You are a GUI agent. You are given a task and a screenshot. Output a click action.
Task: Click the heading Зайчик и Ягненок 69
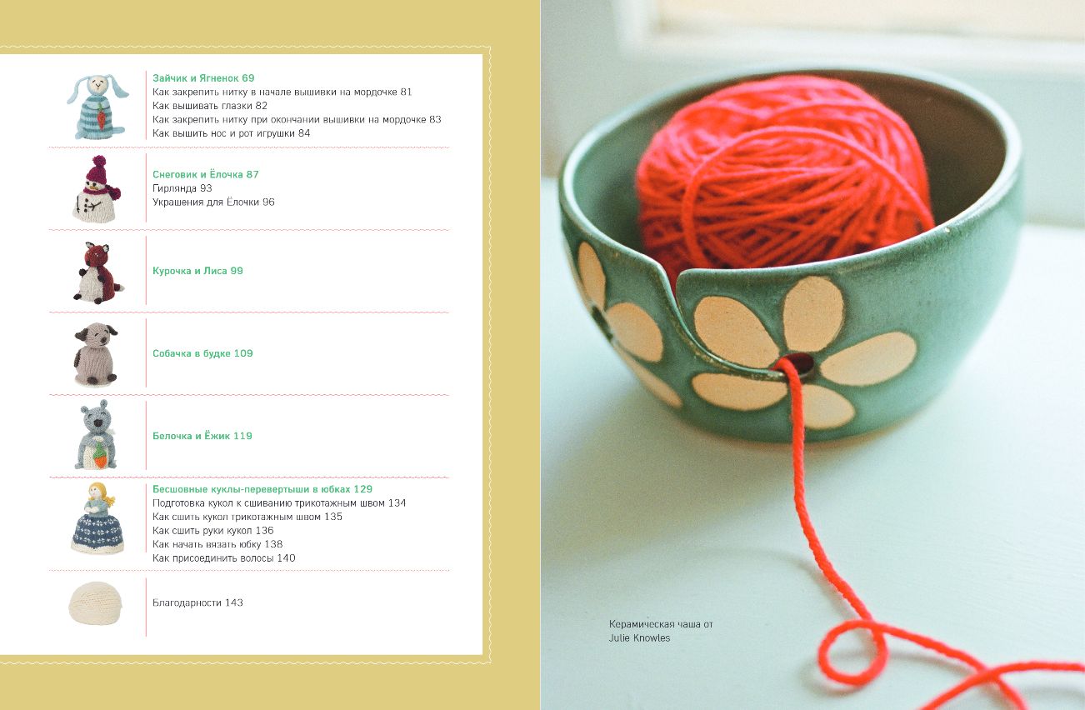click(203, 78)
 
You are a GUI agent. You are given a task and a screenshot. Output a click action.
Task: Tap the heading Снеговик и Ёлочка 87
click(205, 174)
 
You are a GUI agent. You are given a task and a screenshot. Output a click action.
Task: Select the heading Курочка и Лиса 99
click(197, 271)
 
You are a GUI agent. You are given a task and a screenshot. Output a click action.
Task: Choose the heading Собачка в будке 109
click(202, 353)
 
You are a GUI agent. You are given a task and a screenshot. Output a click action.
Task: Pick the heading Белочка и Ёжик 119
click(202, 436)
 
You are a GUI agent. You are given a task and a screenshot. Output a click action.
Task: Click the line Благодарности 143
click(197, 602)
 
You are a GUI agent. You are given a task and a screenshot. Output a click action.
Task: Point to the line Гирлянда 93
click(182, 187)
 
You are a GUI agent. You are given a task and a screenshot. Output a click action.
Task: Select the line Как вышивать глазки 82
click(210, 106)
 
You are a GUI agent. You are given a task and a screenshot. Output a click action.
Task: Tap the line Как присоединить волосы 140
click(224, 558)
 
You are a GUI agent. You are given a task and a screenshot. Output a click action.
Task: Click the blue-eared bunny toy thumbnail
click(97, 107)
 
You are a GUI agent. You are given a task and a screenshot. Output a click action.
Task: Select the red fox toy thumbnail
click(99, 272)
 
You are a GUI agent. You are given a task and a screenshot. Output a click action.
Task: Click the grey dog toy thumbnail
click(96, 354)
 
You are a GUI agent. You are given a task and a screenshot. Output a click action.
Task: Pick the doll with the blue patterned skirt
click(97, 518)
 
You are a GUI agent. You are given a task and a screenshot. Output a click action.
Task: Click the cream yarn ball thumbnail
click(96, 603)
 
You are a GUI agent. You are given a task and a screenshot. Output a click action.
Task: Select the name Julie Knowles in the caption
click(639, 637)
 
